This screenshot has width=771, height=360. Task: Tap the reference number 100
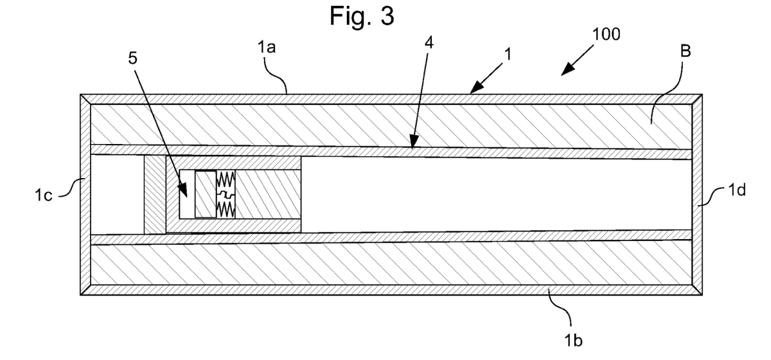pos(607,35)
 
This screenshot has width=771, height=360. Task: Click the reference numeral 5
pos(132,58)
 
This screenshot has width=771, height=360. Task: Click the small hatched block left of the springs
pos(206,194)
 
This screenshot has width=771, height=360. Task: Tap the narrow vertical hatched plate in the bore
pos(155,194)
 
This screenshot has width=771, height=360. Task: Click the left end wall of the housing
pos(85,194)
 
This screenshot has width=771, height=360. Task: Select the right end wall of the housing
pos(696,194)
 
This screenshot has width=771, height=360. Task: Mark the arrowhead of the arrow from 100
pos(562,74)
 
